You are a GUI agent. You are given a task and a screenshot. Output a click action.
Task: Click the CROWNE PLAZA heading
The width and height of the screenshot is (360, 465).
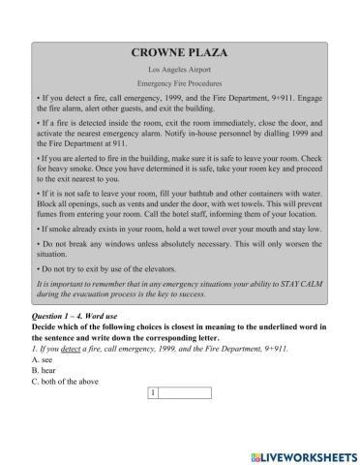click(181, 55)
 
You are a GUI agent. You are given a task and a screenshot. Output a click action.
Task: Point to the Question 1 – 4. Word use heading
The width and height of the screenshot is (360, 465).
click(86, 317)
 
